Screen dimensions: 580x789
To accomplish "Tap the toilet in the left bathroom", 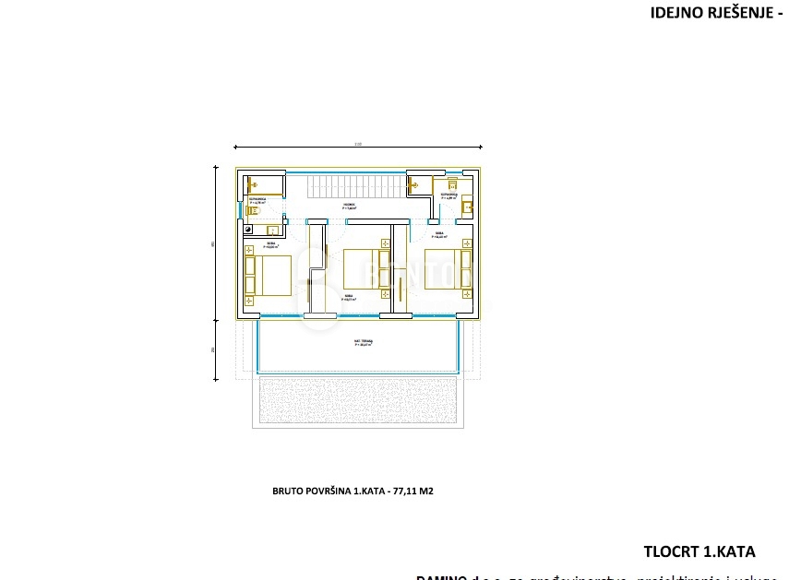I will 250,210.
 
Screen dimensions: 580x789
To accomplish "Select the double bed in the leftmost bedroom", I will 267,275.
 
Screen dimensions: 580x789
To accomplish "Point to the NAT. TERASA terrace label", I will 363,342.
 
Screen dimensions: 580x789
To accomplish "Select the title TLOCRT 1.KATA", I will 699,551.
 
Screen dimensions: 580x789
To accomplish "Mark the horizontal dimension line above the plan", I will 357,148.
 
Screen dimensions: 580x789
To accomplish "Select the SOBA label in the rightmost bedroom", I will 441,234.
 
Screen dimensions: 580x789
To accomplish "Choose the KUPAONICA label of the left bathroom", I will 257,199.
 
